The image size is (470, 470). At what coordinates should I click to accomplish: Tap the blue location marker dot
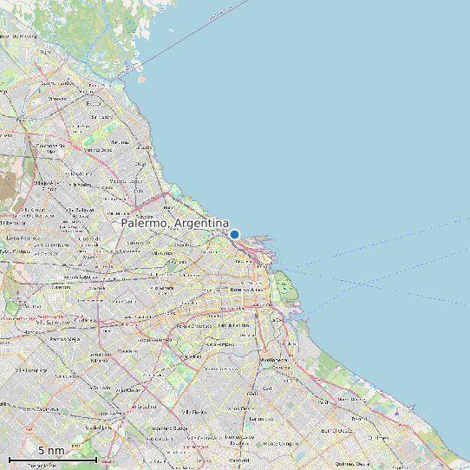234,233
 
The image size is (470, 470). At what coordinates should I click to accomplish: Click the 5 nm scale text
50,451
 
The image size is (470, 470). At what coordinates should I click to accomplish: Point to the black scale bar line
53,459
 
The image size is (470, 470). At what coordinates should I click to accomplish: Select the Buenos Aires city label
246,290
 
